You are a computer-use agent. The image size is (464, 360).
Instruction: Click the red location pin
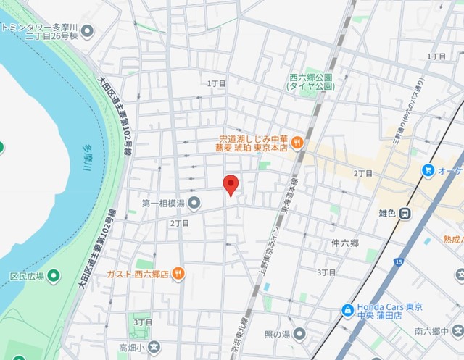point(231,185)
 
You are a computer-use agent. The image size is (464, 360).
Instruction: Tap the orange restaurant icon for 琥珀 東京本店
point(297,143)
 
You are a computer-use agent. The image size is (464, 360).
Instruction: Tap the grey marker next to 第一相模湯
point(194,203)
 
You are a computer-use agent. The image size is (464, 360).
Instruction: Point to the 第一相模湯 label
point(163,203)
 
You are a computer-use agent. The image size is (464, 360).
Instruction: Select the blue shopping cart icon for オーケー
point(428,170)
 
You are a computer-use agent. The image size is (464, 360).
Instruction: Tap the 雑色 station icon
point(407,213)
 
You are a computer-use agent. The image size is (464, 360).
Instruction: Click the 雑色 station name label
point(386,213)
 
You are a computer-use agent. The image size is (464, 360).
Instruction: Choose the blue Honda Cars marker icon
point(347,310)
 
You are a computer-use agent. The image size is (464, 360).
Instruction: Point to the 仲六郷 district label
point(344,243)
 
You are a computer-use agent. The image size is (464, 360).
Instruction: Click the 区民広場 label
point(27,276)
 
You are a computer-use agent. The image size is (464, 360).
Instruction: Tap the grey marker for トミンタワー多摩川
point(88,31)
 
